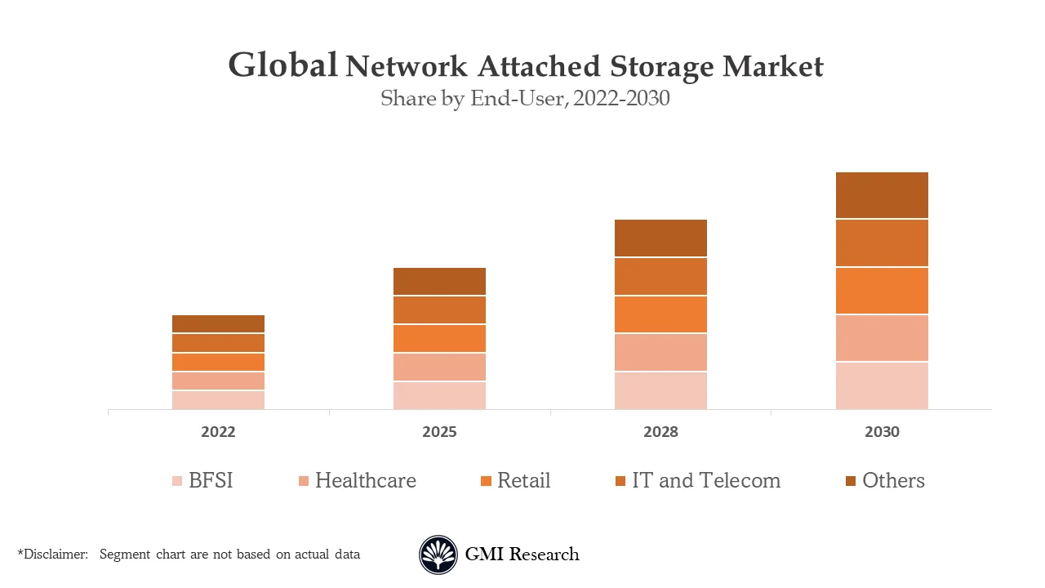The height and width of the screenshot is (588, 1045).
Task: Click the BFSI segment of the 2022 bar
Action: click(218, 399)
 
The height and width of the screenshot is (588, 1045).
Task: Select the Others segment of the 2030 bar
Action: click(882, 195)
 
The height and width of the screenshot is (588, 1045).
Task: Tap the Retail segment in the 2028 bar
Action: click(660, 314)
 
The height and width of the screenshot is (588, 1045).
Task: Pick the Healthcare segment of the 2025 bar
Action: click(439, 367)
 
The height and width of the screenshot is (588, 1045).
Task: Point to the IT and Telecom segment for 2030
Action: click(882, 243)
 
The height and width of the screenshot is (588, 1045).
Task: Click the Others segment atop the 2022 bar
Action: click(218, 323)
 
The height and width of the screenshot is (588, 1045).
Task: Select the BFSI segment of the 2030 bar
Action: click(882, 385)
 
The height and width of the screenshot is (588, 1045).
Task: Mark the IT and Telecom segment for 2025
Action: click(439, 310)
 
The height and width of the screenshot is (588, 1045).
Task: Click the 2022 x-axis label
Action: click(218, 432)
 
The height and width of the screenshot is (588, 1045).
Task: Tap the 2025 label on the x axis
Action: click(439, 432)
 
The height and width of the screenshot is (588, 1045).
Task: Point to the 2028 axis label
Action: click(660, 432)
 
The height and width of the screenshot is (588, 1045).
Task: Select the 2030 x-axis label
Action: click(882, 432)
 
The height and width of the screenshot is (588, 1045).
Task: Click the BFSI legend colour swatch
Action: click(177, 481)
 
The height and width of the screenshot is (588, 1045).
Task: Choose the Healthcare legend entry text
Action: click(365, 480)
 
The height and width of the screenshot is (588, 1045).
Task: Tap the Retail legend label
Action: click(523, 480)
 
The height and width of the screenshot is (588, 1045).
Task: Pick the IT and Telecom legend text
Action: click(706, 480)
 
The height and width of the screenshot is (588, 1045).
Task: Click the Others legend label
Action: click(893, 480)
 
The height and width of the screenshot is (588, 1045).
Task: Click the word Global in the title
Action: click(282, 65)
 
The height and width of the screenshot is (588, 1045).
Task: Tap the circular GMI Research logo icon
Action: click(438, 555)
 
